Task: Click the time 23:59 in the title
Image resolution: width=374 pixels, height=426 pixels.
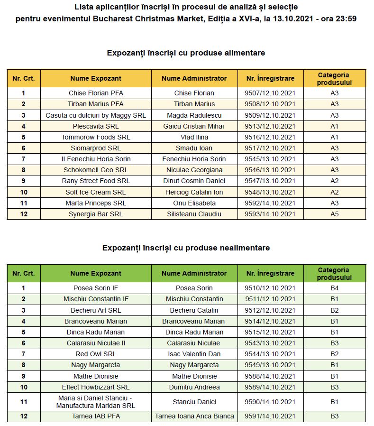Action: click(x=347, y=19)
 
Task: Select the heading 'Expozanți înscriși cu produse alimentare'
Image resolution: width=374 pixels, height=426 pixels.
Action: click(x=186, y=53)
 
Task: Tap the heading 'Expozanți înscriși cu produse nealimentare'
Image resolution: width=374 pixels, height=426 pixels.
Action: click(x=186, y=248)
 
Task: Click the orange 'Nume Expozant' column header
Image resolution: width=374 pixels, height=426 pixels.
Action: click(x=96, y=78)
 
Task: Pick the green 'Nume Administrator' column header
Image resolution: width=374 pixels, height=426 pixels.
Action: click(x=194, y=273)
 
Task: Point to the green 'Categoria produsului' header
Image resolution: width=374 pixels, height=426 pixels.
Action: click(x=334, y=273)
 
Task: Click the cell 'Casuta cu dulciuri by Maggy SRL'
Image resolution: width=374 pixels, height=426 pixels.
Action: click(x=96, y=115)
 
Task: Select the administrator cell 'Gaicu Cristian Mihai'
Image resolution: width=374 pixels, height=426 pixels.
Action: click(x=194, y=126)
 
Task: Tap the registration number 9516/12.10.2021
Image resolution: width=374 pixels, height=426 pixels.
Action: click(x=270, y=137)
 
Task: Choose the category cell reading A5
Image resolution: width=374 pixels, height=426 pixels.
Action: click(x=334, y=214)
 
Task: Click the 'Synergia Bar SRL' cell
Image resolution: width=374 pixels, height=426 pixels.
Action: click(x=96, y=214)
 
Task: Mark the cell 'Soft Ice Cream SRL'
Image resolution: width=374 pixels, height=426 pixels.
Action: click(x=96, y=192)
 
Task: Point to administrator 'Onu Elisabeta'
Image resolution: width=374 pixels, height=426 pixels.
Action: click(x=194, y=203)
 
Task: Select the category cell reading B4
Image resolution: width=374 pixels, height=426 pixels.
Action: click(x=334, y=288)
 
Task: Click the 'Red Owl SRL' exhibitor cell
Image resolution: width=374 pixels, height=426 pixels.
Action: click(x=96, y=354)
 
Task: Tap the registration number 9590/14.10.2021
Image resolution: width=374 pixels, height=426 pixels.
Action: click(x=270, y=402)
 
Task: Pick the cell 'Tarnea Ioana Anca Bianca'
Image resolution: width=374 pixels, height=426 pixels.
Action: click(x=194, y=416)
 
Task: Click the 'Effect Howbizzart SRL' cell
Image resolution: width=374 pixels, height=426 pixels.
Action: click(x=96, y=387)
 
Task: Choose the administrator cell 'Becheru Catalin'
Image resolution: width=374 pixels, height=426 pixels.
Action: click(x=194, y=310)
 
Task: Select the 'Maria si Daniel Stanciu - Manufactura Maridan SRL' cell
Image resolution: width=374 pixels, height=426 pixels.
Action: click(x=96, y=402)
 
